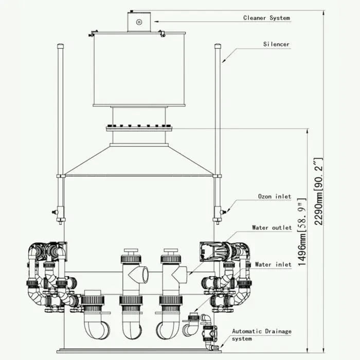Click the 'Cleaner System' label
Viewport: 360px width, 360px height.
[266, 18]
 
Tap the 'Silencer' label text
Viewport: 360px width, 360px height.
[276, 44]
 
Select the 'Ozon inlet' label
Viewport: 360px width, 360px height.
[274, 196]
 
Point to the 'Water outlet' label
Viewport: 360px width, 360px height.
[272, 227]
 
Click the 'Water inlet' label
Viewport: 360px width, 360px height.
[273, 264]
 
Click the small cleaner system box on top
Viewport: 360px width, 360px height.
[139, 22]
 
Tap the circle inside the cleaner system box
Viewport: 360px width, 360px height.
[139, 22]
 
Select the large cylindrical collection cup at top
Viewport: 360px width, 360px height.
[139, 69]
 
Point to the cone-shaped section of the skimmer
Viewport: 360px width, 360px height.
[139, 160]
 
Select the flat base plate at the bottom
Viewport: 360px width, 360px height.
[139, 351]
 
